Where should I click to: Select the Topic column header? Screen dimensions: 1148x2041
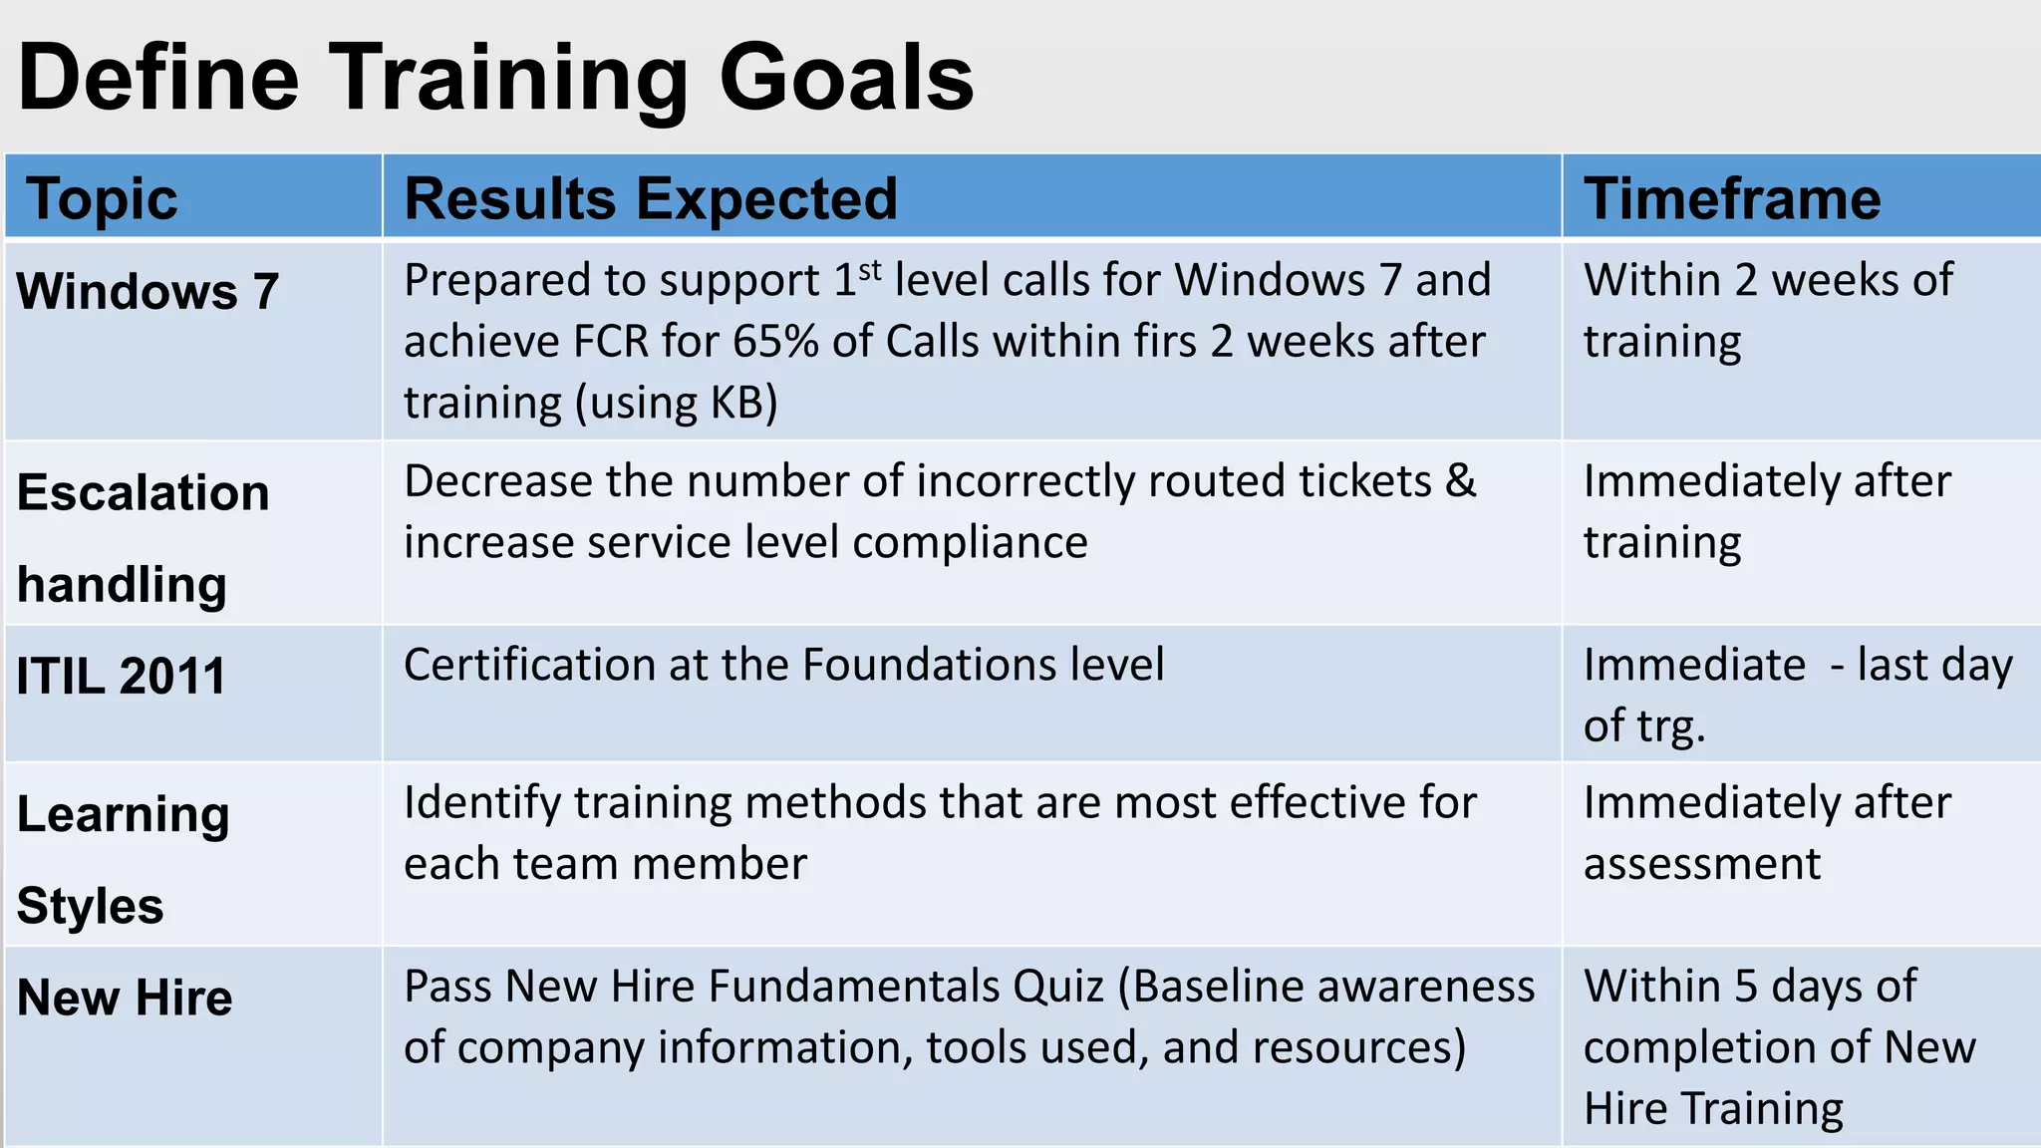pyautogui.click(x=102, y=198)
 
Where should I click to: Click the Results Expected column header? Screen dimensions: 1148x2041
pyautogui.click(x=651, y=198)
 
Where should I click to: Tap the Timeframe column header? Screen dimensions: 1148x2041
pyautogui.click(x=1732, y=198)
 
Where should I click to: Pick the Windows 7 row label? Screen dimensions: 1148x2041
pyautogui.click(x=147, y=292)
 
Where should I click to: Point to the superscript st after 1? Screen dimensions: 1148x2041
pyautogui.click(x=870, y=269)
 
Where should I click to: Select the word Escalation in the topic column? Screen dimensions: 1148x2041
pyautogui.click(x=144, y=493)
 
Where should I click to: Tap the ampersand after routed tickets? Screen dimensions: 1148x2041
pyautogui.click(x=1460, y=481)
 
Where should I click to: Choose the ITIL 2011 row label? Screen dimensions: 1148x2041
pyautogui.click(x=122, y=677)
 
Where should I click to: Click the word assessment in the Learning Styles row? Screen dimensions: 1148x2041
pyautogui.click(x=1702, y=864)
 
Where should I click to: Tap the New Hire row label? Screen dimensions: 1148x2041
pyautogui.click(x=125, y=998)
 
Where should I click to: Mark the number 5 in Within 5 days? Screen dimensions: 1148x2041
pyautogui.click(x=1745, y=987)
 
